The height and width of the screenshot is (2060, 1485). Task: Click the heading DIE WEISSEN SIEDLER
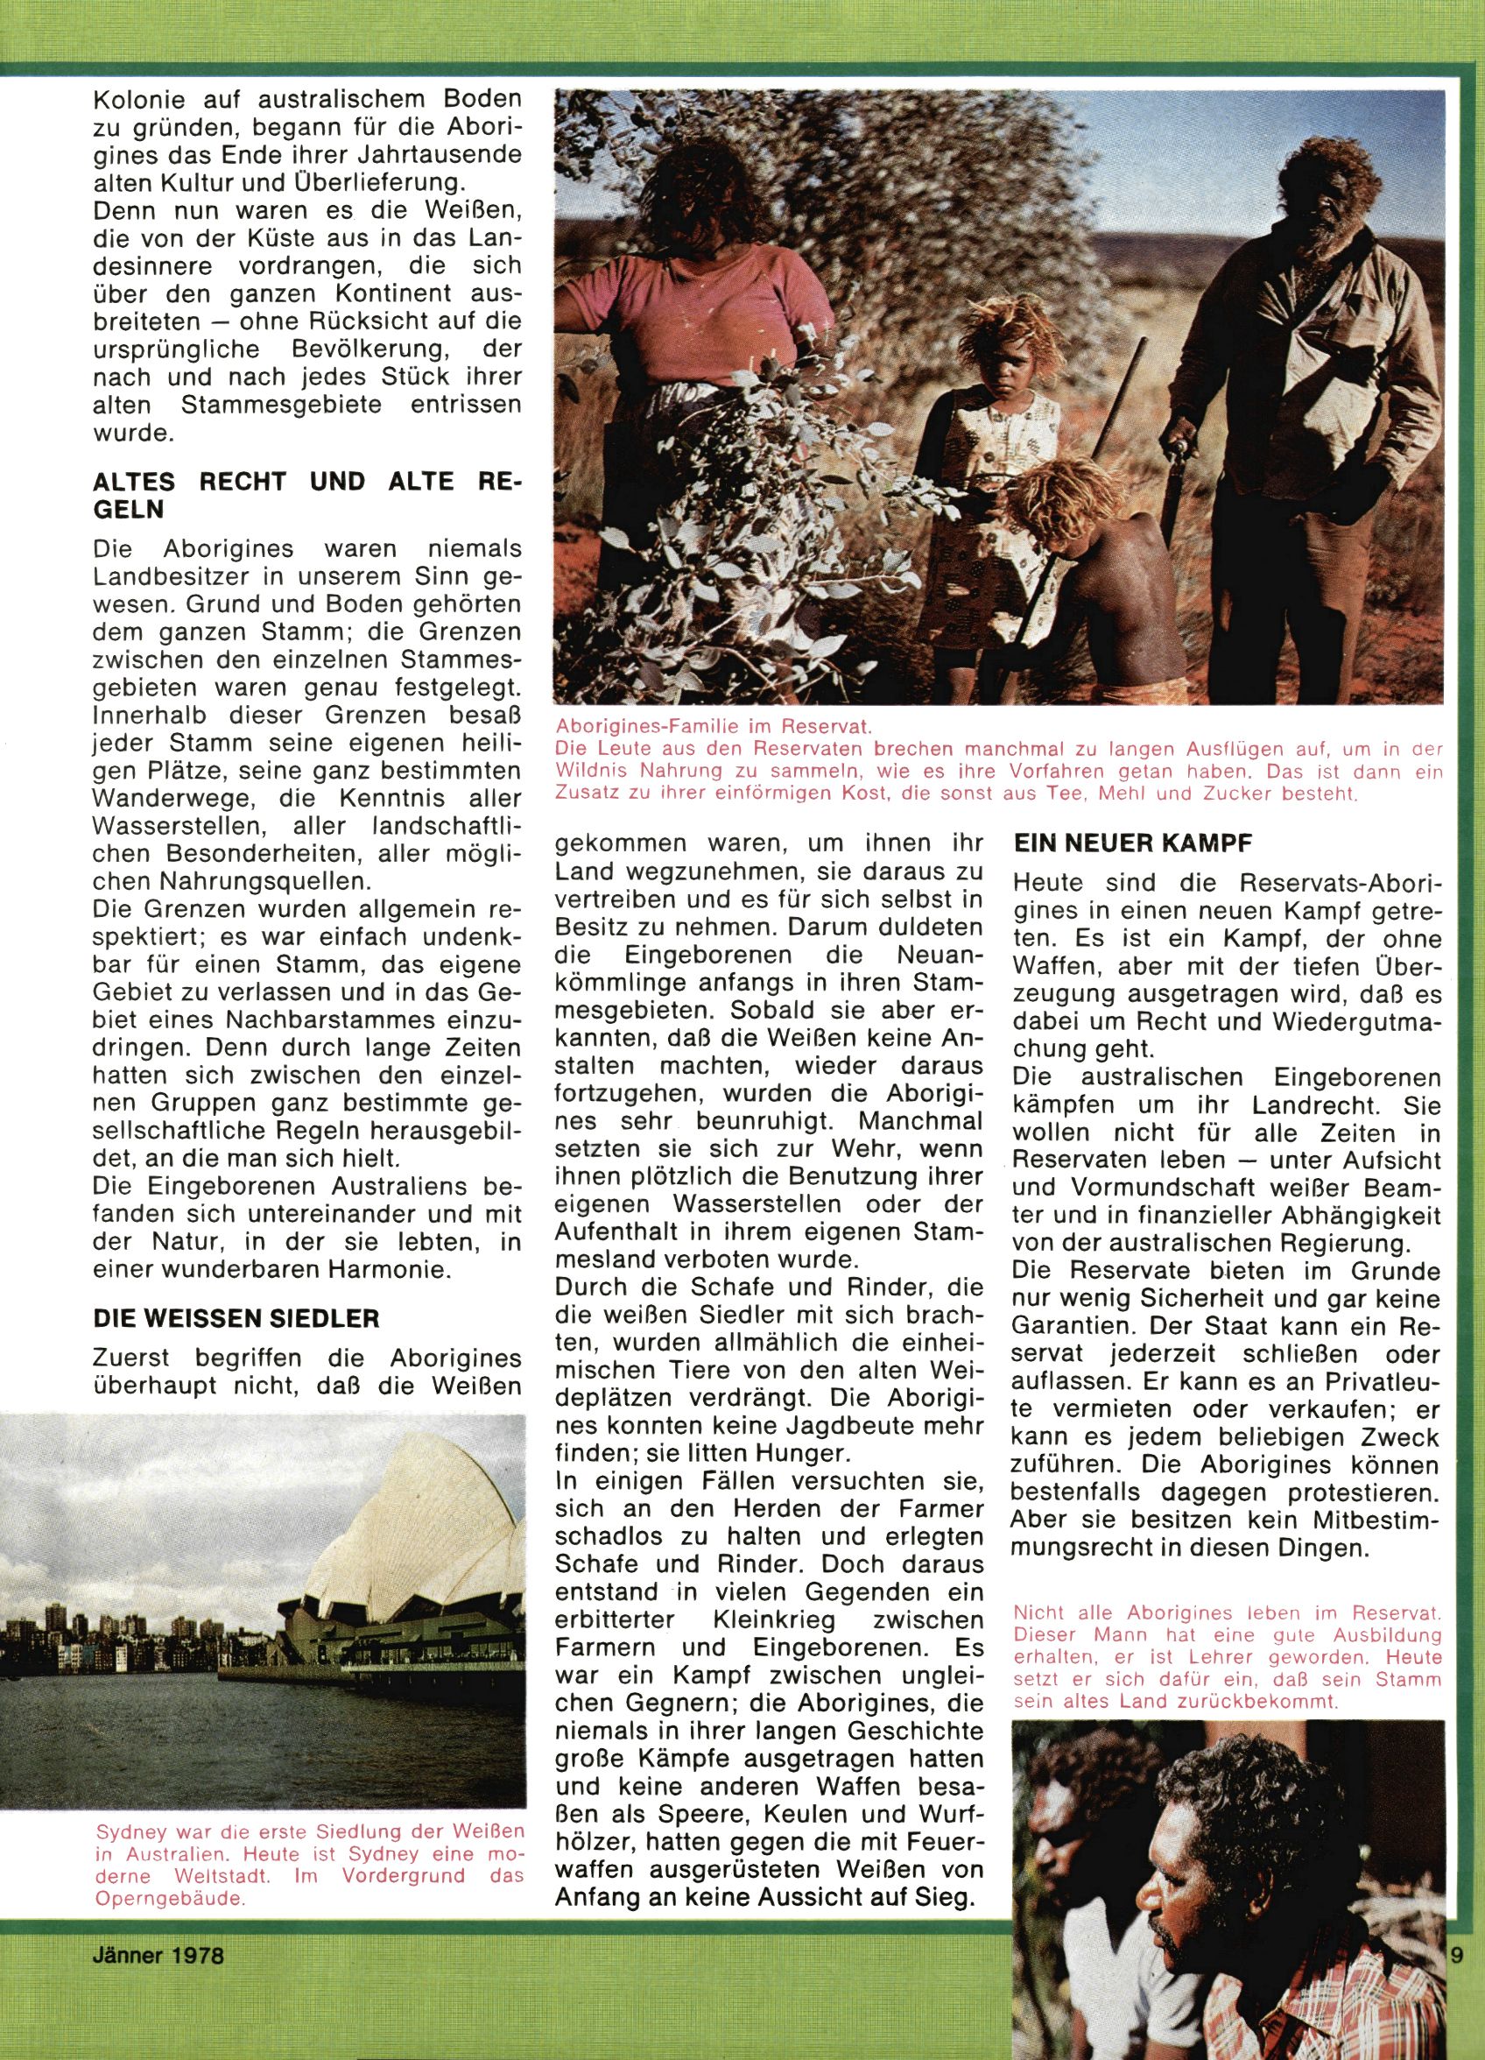pos(236,1317)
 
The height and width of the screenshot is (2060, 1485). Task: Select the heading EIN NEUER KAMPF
pos(1133,843)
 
